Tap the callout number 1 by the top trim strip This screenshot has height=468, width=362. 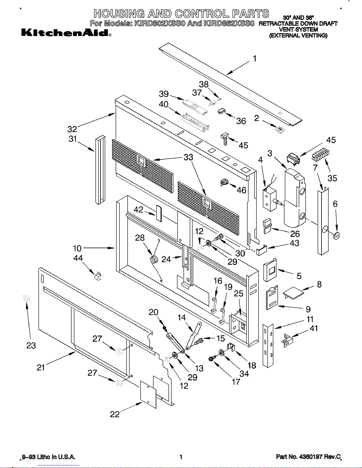coord(255,58)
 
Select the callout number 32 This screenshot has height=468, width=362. coord(72,129)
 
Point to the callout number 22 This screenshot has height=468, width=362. coord(115,414)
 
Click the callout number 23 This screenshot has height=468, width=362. coord(31,345)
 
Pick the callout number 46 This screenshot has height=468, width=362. coord(241,190)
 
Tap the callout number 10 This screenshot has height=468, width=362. coord(77,248)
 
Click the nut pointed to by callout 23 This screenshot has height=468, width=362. coord(26,298)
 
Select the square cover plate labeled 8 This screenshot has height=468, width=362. coord(293,292)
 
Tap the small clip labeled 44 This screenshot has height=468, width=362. coord(98,276)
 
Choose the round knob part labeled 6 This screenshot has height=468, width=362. coord(336,236)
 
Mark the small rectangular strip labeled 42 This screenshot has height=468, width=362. coord(159,213)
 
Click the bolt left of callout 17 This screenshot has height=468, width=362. coord(211,359)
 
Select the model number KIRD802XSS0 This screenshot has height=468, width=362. coord(160,23)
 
